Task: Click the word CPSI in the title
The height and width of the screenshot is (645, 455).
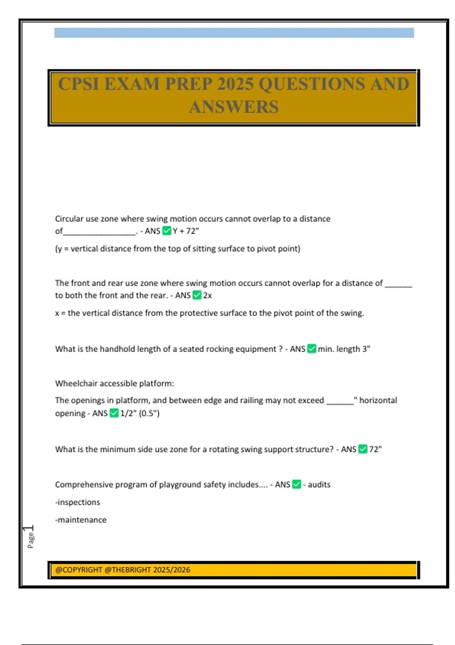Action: pyautogui.click(x=78, y=84)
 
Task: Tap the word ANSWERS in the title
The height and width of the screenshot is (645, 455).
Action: pyautogui.click(x=234, y=107)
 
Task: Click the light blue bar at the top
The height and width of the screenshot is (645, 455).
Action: pyautogui.click(x=234, y=33)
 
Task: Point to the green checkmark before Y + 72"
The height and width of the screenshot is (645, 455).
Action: pyautogui.click(x=166, y=231)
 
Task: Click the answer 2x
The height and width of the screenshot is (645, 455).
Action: pyautogui.click(x=207, y=295)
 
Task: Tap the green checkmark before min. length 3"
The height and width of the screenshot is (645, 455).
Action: pyautogui.click(x=311, y=349)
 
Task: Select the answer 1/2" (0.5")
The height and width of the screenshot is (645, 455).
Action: pyautogui.click(x=140, y=413)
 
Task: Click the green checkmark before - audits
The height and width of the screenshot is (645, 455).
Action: pyautogui.click(x=297, y=485)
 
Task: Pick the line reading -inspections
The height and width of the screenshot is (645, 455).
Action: pyautogui.click(x=78, y=502)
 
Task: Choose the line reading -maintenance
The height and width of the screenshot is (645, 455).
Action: pyautogui.click(x=81, y=520)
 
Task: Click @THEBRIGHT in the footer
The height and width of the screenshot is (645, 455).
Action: pyautogui.click(x=127, y=570)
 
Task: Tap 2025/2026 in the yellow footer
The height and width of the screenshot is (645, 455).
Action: pyautogui.click(x=172, y=570)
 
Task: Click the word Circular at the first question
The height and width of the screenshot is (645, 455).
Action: pyautogui.click(x=69, y=219)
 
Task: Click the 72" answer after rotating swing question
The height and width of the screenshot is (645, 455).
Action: pyautogui.click(x=375, y=449)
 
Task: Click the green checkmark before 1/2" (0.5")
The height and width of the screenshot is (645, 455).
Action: pyautogui.click(x=114, y=413)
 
